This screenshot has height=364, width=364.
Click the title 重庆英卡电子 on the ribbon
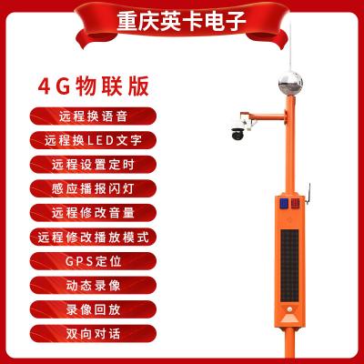[181, 21]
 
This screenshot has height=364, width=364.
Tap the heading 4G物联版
[94, 86]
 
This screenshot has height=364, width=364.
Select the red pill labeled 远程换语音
[93, 116]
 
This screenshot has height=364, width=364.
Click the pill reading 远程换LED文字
[93, 140]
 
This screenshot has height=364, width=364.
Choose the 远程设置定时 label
[93, 165]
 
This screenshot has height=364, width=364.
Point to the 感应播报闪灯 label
[93, 188]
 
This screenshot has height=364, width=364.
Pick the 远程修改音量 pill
[93, 213]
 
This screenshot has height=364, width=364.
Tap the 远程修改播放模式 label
[93, 237]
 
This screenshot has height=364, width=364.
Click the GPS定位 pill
[93, 261]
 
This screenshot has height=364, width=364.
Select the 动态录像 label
[93, 286]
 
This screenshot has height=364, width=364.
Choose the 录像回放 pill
[93, 309]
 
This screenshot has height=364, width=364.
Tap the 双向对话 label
[93, 334]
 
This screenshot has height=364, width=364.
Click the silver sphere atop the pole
[290, 84]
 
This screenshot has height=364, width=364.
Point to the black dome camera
[238, 133]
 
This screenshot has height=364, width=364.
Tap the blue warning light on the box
[284, 203]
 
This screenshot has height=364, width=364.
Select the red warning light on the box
[295, 203]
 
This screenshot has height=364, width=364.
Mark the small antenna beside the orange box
[308, 194]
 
